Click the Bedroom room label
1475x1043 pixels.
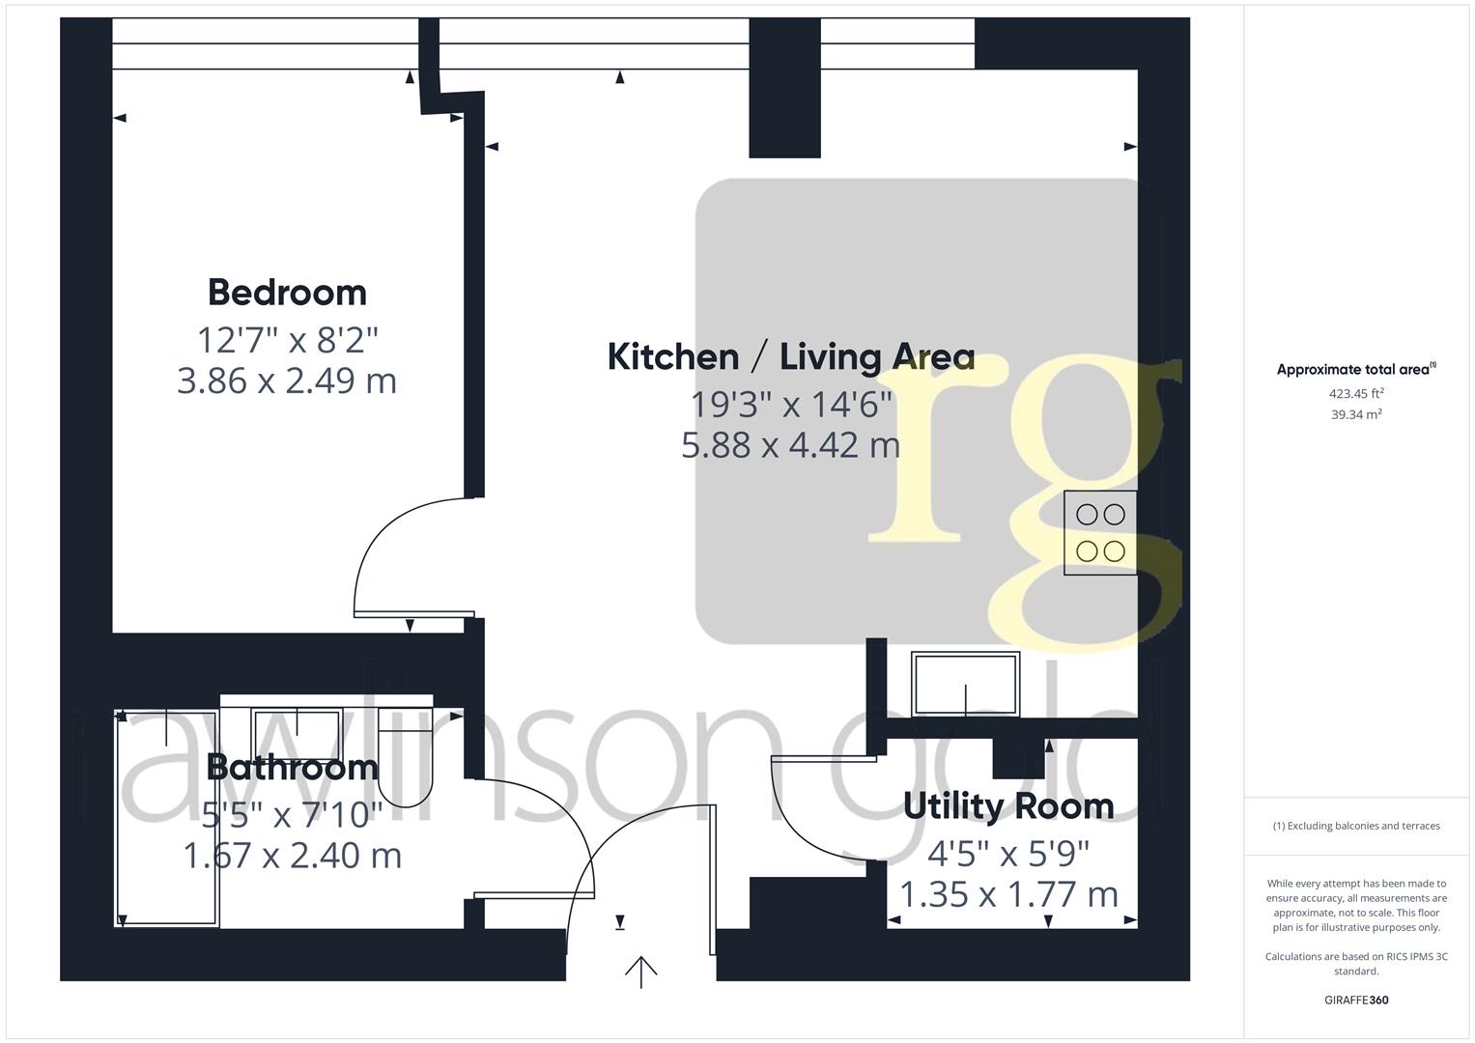[x=287, y=292]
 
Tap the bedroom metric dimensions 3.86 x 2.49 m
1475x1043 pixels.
[x=287, y=381]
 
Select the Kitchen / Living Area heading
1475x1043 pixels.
[x=790, y=356]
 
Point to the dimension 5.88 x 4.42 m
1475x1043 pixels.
[x=790, y=445]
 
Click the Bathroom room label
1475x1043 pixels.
[x=292, y=767]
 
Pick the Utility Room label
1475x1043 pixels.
[x=1007, y=805]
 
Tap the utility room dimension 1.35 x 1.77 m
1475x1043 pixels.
[x=1007, y=894]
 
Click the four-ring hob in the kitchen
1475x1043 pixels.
[x=1100, y=533]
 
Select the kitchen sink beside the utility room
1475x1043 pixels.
[x=964, y=685]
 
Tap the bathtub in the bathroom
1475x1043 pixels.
[x=167, y=819]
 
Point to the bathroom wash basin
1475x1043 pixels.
[x=296, y=729]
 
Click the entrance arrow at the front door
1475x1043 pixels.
[x=640, y=972]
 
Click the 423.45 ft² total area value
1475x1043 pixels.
[x=1356, y=393]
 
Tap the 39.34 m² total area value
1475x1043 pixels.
[x=1356, y=414]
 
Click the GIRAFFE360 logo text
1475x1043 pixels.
[x=1356, y=1000]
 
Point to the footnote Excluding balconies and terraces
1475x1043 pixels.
[x=1356, y=826]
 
